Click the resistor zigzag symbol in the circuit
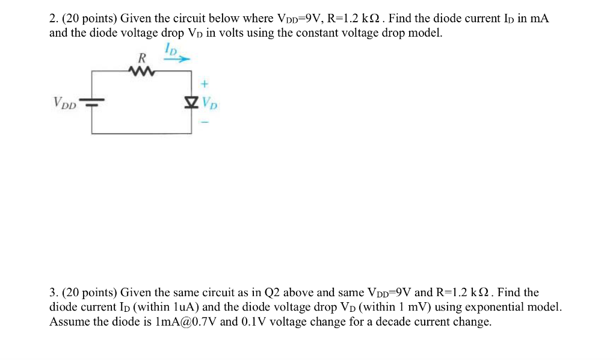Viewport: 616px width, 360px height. (142, 73)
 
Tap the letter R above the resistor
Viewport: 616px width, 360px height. (142, 58)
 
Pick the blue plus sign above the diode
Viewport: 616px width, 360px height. (204, 84)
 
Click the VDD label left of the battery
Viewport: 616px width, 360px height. (65, 103)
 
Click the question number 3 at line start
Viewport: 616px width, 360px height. (53, 293)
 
